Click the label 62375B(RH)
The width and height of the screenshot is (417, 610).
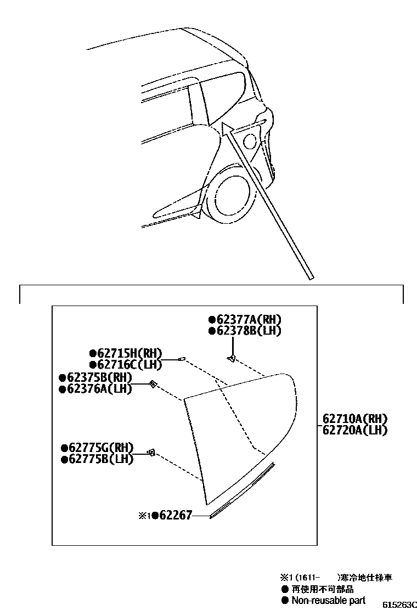click(98, 378)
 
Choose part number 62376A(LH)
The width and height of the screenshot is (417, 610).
click(98, 389)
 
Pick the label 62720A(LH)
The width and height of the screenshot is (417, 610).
click(354, 431)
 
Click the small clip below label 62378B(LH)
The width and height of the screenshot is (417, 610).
click(232, 358)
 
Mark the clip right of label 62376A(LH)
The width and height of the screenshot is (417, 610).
click(154, 384)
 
